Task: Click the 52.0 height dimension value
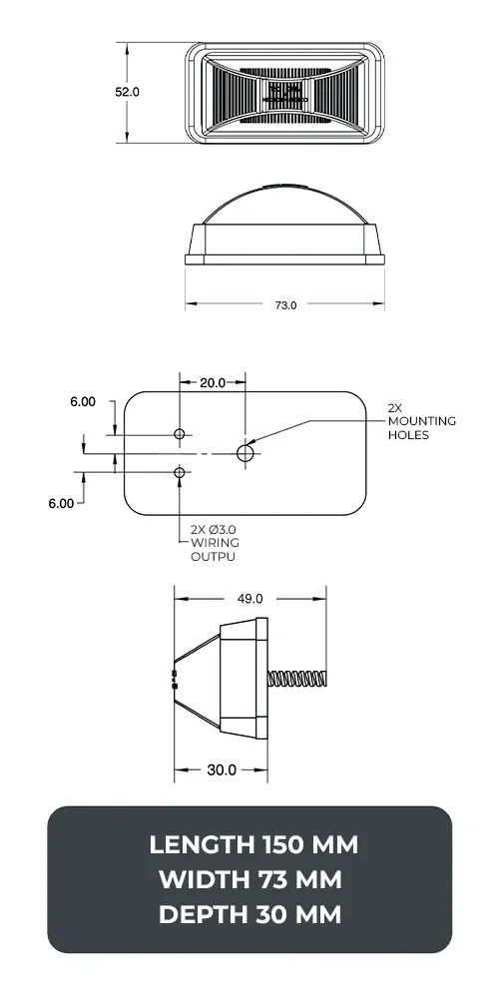click(127, 91)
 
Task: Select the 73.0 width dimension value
click(285, 305)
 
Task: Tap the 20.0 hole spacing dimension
click(213, 382)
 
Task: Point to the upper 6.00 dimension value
click(83, 402)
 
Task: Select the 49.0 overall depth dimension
click(249, 599)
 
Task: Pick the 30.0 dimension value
click(222, 769)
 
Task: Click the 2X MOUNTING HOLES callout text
click(421, 421)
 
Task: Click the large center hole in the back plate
click(246, 453)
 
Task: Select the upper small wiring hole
click(180, 434)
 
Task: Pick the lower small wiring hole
click(180, 471)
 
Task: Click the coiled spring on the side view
click(298, 679)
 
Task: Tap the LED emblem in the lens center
click(283, 94)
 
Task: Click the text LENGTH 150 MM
click(252, 845)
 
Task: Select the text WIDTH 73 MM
click(250, 879)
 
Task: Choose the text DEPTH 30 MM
click(250, 913)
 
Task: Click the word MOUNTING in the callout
click(421, 421)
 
